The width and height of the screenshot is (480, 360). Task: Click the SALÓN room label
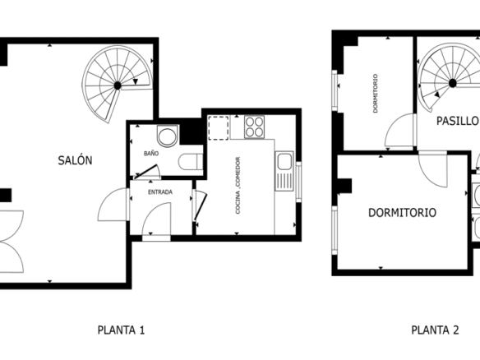coord(75,160)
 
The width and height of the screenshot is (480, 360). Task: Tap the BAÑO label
coord(151,153)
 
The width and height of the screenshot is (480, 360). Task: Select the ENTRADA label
coord(160,192)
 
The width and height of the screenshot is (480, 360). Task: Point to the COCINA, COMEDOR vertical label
coord(238,185)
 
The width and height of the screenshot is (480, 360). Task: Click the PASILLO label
coord(457,121)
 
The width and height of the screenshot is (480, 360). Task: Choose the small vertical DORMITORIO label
coord(376,94)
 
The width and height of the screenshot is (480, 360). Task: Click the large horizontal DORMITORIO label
coord(402,212)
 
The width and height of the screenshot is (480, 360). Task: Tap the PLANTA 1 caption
coord(121,330)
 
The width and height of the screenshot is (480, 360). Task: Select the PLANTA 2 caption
coord(435,330)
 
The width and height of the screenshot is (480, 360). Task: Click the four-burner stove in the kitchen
coord(254,127)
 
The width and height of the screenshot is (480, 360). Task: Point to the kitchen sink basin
coord(284,162)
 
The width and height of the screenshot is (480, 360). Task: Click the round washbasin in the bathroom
coord(167,136)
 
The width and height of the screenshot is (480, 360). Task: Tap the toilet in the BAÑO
coord(191,161)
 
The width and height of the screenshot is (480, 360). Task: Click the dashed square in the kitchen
coord(219,127)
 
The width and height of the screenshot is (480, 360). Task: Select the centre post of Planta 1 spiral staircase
coord(118,85)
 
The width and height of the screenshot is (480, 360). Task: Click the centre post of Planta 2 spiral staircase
coord(452,83)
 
